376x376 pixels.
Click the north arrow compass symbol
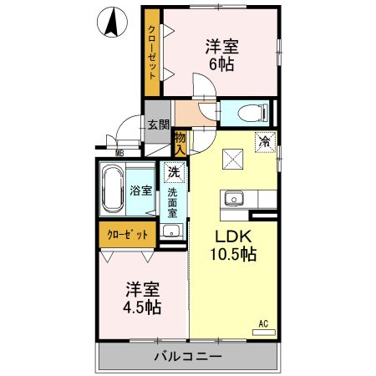tap(109, 23)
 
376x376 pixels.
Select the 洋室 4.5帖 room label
tap(143, 297)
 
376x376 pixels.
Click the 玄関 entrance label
tap(157, 124)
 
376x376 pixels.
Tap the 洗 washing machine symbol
tap(173, 172)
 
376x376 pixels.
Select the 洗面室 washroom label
tap(172, 204)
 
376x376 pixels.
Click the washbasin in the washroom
tap(171, 231)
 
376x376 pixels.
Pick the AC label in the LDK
tap(262, 322)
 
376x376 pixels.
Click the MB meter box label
tap(119, 152)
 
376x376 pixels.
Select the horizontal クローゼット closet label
tap(127, 235)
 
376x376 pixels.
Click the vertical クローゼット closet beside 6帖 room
tap(151, 53)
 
